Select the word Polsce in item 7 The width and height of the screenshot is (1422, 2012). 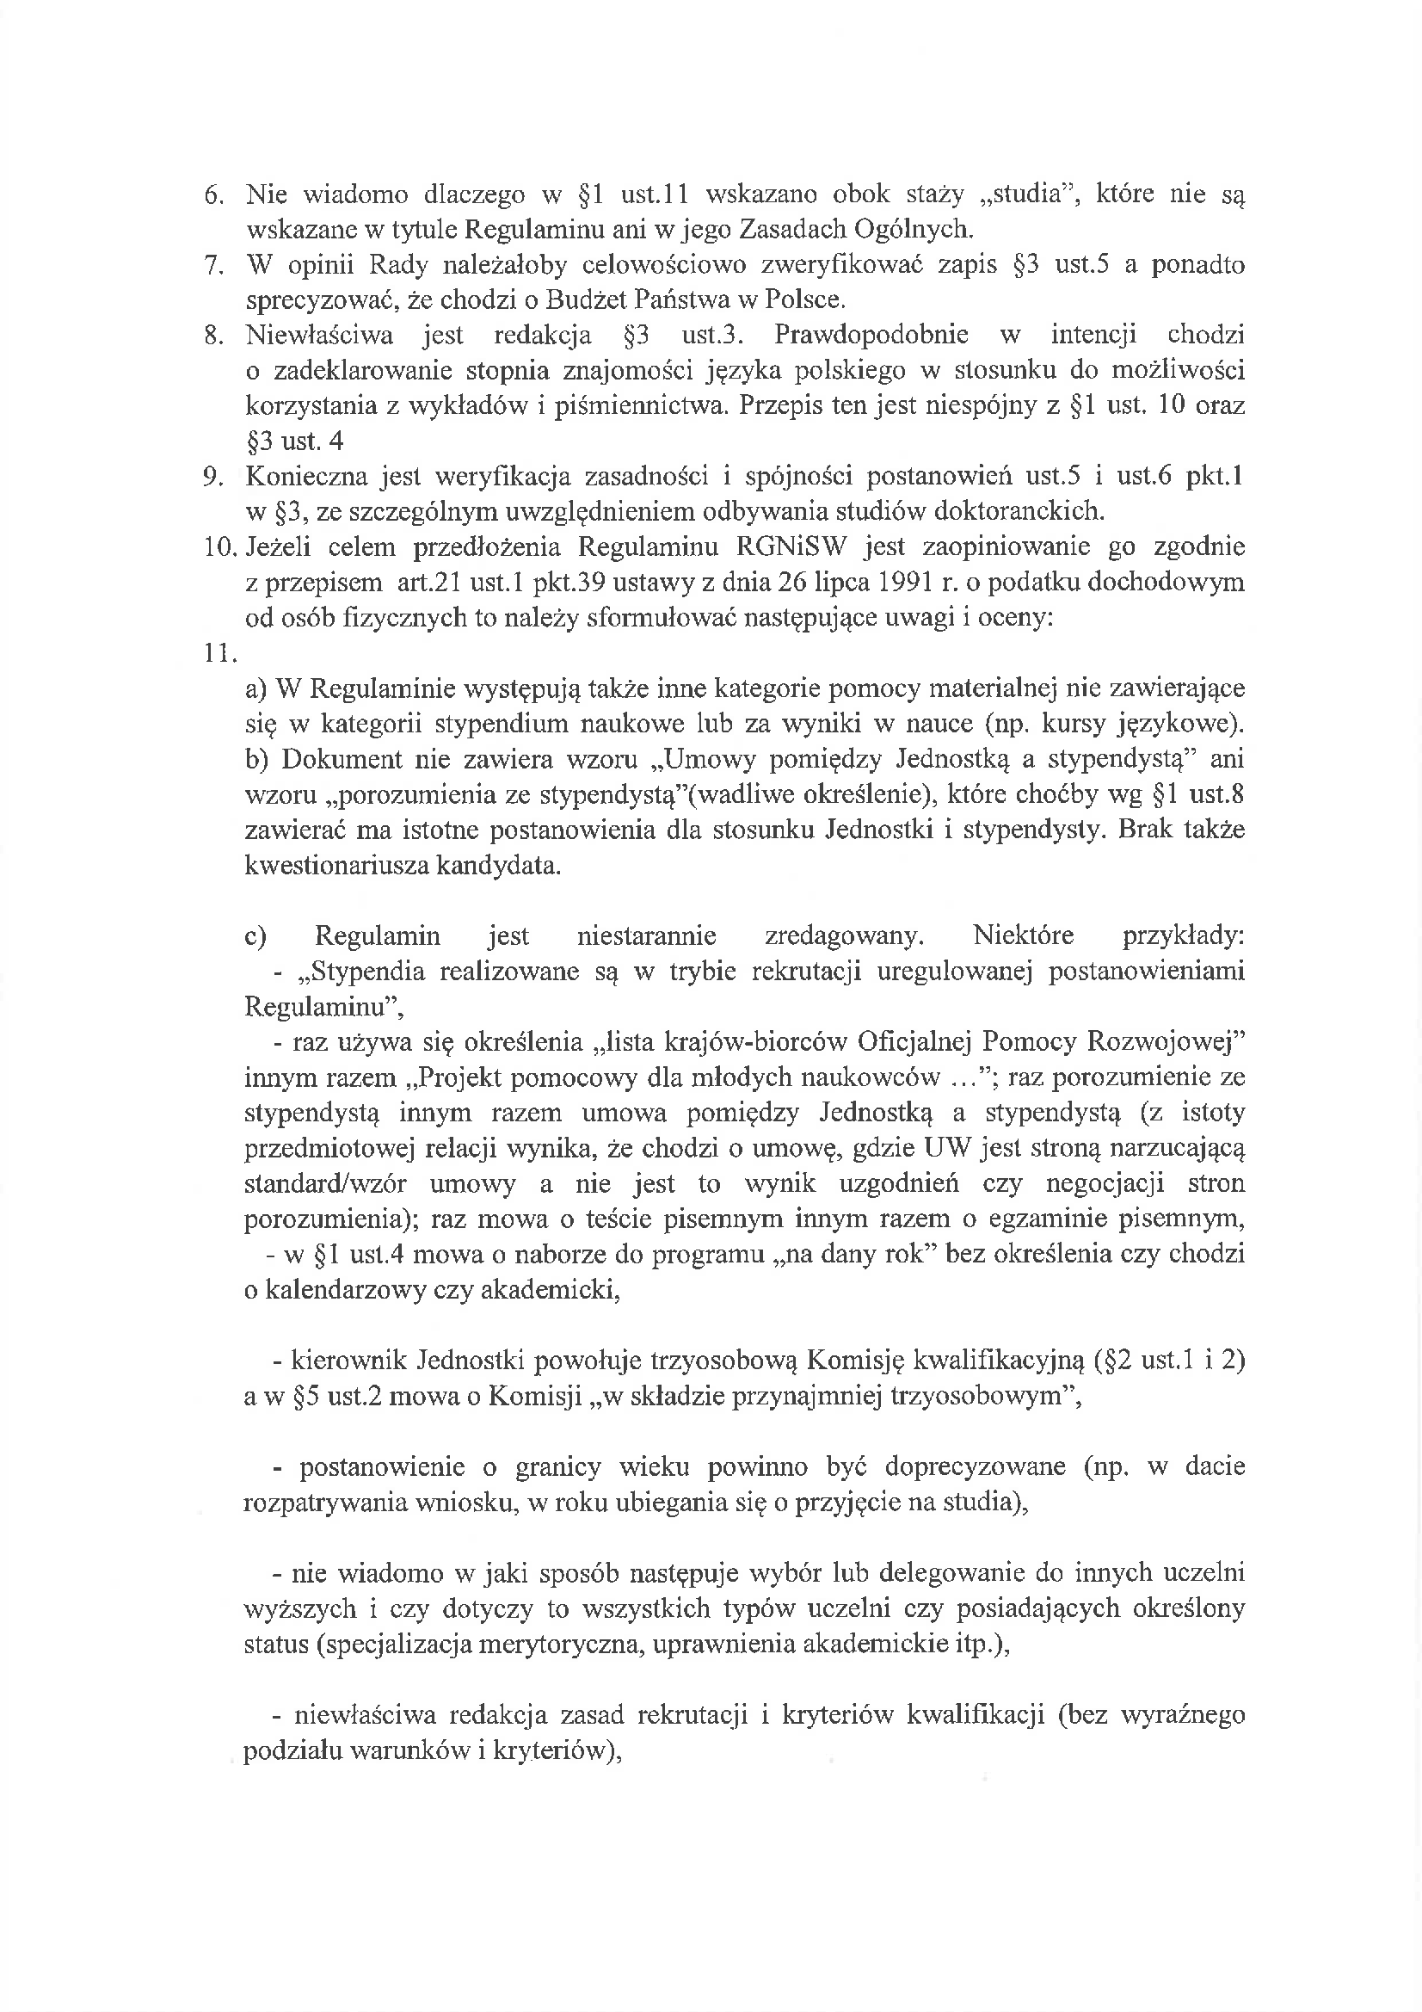(805, 300)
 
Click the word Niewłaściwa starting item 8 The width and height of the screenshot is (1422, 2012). (320, 336)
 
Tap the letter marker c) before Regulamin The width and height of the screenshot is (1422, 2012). (255, 937)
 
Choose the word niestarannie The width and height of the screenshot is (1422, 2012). (647, 937)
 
